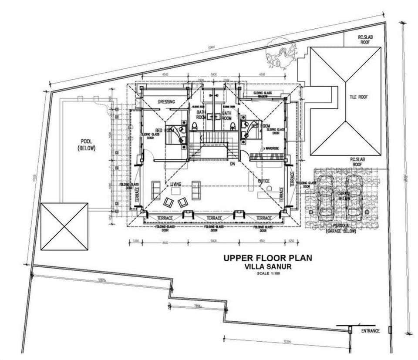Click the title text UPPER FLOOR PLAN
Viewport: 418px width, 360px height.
pos(267,258)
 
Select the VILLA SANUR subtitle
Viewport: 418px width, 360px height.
pos(267,267)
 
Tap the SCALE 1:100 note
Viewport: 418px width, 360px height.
pos(267,273)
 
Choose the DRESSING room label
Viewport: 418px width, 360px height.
pos(166,102)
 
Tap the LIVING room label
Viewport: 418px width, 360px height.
pos(175,184)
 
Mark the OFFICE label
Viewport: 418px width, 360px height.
pos(263,181)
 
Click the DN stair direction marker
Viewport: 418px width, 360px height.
pos(233,164)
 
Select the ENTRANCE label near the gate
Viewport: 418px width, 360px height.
pos(370,331)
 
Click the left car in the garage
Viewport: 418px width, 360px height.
pos(325,197)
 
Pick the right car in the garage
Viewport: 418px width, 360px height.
pos(354,197)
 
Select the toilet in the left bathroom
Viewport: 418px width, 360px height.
pos(194,126)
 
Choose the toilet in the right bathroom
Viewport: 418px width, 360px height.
pos(233,126)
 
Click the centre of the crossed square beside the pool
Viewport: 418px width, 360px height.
pos(64,226)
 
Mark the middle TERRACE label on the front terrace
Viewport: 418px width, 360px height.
pos(214,218)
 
